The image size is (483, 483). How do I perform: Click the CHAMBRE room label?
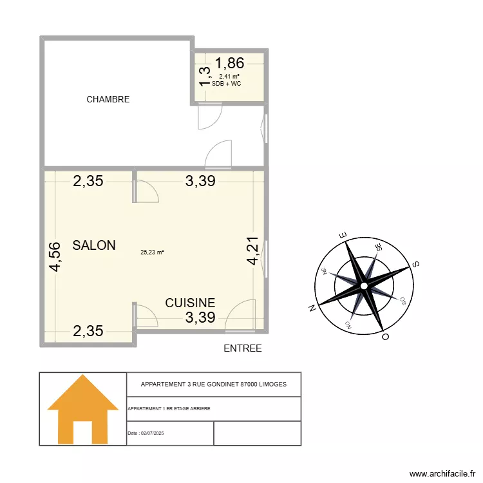click(x=108, y=99)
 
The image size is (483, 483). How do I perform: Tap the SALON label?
click(x=94, y=245)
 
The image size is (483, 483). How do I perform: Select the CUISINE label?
click(x=190, y=303)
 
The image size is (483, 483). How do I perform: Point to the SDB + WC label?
click(x=226, y=84)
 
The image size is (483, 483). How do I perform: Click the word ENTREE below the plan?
click(x=242, y=348)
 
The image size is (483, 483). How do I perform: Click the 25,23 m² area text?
click(x=152, y=252)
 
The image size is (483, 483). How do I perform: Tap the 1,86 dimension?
click(x=229, y=63)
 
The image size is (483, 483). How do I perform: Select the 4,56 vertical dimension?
click(x=55, y=256)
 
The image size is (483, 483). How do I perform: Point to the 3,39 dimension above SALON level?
click(x=200, y=182)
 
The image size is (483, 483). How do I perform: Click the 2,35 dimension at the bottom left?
click(x=88, y=332)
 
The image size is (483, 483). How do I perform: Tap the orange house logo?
click(x=83, y=410)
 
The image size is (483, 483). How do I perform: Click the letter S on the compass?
click(x=416, y=263)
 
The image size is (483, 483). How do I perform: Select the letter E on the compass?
click(x=343, y=234)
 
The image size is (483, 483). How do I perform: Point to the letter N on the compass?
click(x=312, y=308)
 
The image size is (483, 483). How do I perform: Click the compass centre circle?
click(x=364, y=285)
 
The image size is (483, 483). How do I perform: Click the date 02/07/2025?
click(x=153, y=433)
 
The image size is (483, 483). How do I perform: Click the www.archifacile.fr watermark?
click(x=442, y=472)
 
